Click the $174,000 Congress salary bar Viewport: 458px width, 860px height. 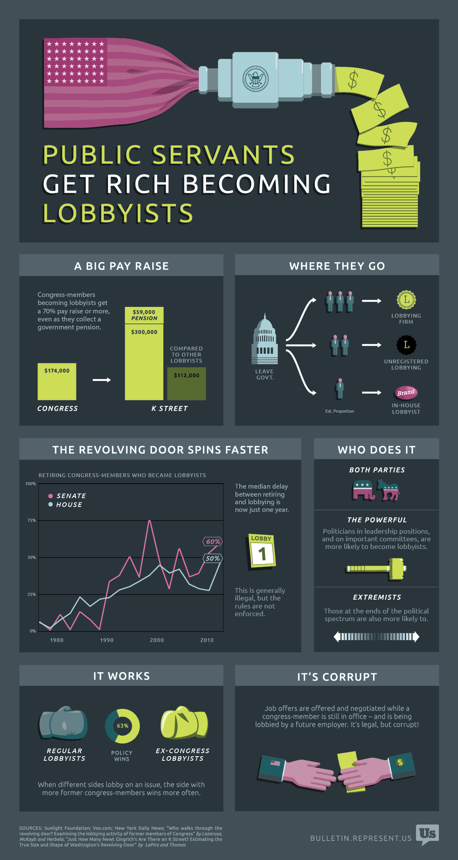(x=57, y=381)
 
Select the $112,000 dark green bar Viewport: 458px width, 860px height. (x=187, y=384)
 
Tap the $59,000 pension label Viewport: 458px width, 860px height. (x=144, y=315)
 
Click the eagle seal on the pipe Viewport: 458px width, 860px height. (x=256, y=79)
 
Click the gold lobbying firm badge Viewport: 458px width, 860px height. (x=406, y=300)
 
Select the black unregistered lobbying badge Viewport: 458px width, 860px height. (x=406, y=345)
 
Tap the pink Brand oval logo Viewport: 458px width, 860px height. (x=406, y=392)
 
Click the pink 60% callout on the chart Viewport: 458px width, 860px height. (x=213, y=542)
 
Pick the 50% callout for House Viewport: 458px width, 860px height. (x=213, y=558)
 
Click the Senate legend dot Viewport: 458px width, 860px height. (x=50, y=496)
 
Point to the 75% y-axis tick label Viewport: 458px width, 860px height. (x=32, y=520)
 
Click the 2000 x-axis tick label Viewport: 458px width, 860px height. (x=157, y=640)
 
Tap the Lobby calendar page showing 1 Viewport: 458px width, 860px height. (x=262, y=551)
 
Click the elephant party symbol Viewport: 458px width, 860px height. (x=363, y=491)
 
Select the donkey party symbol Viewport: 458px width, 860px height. (x=389, y=491)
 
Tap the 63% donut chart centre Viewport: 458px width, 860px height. (x=123, y=726)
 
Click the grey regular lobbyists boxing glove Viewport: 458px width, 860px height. (x=64, y=723)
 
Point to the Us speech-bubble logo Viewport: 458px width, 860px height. (x=427, y=834)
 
